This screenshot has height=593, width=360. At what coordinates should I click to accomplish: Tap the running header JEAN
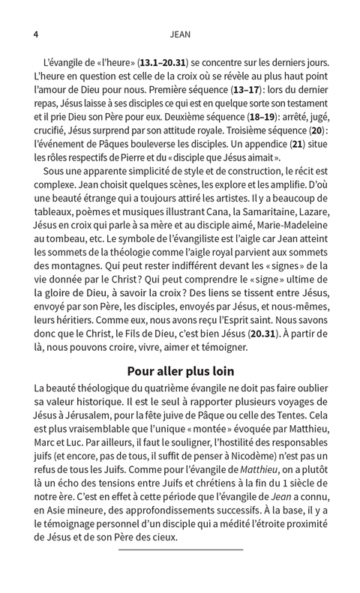[180, 34]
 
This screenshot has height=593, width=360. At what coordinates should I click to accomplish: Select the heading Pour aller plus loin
[180, 371]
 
